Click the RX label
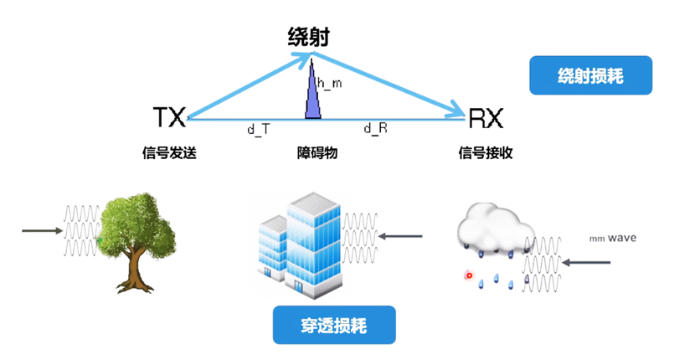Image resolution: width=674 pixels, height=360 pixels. click(486, 118)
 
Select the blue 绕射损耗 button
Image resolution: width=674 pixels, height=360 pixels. click(590, 75)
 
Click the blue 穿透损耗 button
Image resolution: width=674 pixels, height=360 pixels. click(332, 325)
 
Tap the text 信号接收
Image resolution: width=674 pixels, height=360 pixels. click(486, 153)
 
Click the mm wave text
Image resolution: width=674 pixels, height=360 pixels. click(612, 239)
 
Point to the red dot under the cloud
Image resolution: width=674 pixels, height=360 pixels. click(469, 275)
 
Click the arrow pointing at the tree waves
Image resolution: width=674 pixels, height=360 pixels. click(40, 229)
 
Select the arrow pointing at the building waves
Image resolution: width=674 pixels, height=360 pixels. click(402, 236)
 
